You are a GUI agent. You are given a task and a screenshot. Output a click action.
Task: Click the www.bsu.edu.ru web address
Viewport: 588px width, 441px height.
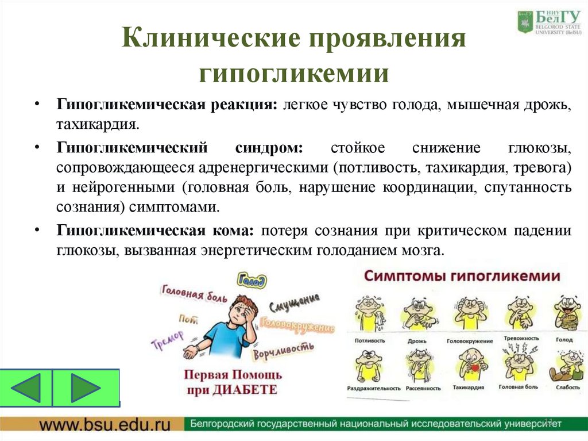click(x=105, y=425)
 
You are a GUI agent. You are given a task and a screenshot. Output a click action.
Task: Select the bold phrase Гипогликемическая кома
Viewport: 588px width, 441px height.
click(x=154, y=231)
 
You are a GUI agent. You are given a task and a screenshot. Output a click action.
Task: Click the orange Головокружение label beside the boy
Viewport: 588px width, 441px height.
click(x=297, y=325)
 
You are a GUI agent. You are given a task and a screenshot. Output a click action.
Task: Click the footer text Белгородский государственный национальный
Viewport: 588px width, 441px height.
click(x=310, y=425)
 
